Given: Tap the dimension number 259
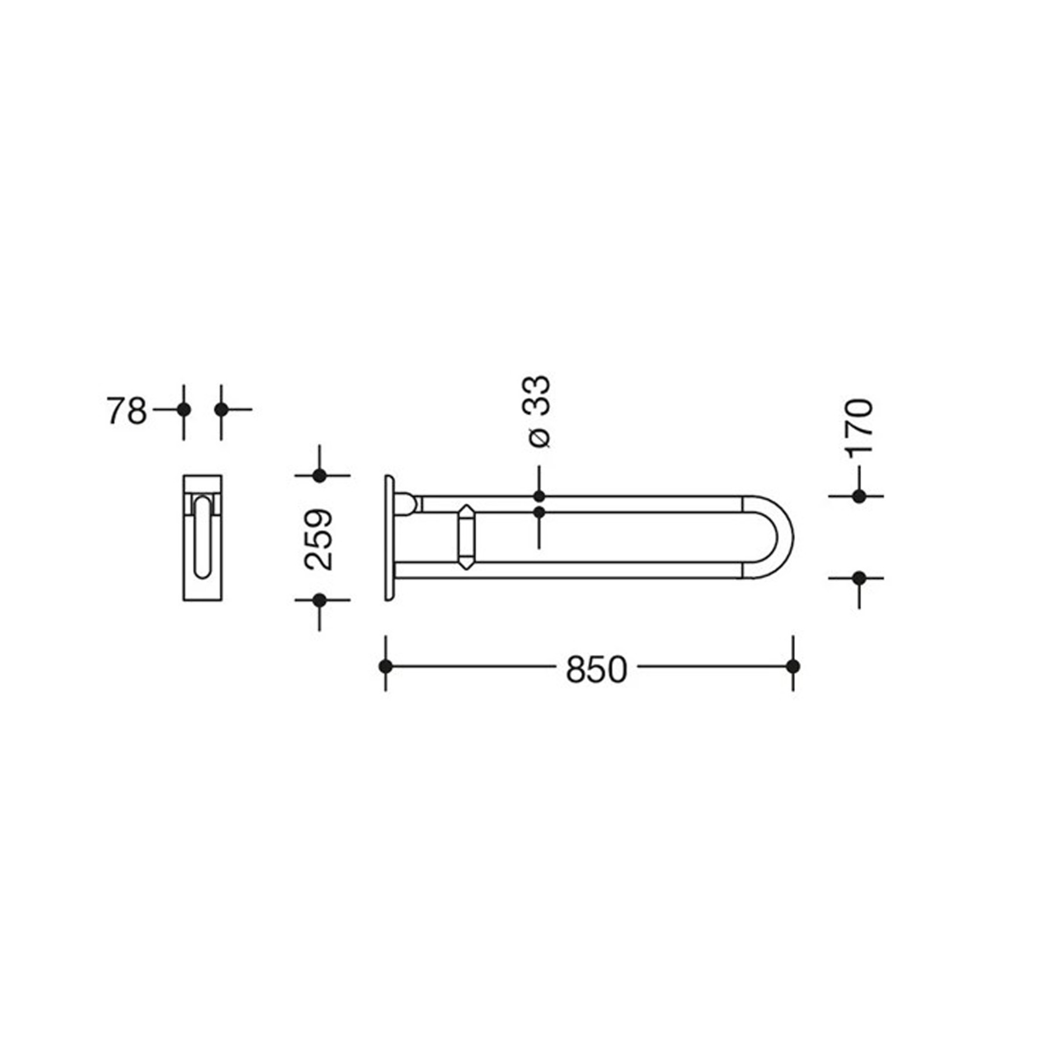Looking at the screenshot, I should (x=320, y=539).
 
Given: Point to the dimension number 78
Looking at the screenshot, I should (x=126, y=411).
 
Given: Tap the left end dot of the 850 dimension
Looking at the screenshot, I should (x=385, y=666).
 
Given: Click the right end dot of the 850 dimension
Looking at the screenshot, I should (x=793, y=666).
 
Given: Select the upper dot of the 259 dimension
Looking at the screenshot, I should (x=319, y=476).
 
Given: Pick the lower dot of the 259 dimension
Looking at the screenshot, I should (x=319, y=600).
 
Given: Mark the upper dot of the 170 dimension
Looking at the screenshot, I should (x=859, y=497).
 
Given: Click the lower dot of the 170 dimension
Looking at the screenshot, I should (x=859, y=578).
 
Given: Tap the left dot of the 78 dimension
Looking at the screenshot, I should (x=184, y=409).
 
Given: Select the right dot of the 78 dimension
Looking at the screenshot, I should (x=221, y=409).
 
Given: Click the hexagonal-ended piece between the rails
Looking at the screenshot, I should (x=466, y=537).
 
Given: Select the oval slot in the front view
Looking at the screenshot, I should (x=202, y=537).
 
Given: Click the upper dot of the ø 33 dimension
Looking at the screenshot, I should (x=539, y=497).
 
